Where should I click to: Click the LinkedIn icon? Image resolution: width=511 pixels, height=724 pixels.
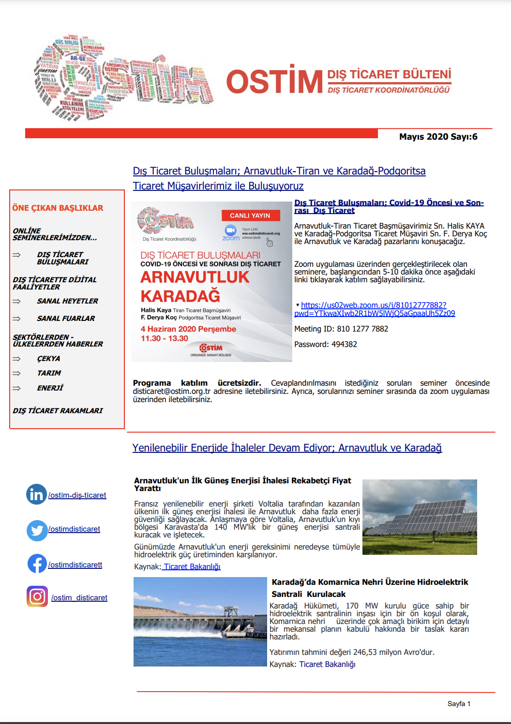point(36,494)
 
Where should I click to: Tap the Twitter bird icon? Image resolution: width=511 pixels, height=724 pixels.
point(37,530)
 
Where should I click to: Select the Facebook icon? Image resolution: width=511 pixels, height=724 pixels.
point(37,564)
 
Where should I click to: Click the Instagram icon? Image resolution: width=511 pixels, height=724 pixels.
point(37,596)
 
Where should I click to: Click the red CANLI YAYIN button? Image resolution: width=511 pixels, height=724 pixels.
point(250,216)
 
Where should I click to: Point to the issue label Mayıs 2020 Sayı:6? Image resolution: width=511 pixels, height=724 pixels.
point(438,137)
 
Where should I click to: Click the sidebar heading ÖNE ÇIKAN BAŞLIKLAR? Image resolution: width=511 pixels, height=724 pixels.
point(58,208)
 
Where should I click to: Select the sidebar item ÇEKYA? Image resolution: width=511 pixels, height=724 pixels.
point(49,359)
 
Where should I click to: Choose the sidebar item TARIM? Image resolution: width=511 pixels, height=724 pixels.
point(49,373)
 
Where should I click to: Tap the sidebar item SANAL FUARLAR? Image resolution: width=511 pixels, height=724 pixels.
point(66,319)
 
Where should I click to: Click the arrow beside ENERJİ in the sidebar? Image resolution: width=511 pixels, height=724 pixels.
point(17,388)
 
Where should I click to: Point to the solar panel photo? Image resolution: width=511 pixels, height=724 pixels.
point(420,517)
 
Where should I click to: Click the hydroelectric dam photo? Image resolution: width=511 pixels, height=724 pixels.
point(200,622)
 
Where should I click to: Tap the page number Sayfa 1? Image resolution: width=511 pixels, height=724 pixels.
point(459,704)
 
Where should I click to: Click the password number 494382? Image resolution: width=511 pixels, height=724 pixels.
point(342,345)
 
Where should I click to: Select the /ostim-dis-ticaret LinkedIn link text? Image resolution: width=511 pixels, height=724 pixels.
point(77,495)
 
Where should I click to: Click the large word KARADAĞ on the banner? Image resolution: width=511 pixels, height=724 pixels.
point(180,296)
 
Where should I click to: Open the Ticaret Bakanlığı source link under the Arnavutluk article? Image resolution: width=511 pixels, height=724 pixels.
point(192,566)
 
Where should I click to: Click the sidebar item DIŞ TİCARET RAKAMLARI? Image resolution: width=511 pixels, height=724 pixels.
point(58,411)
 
